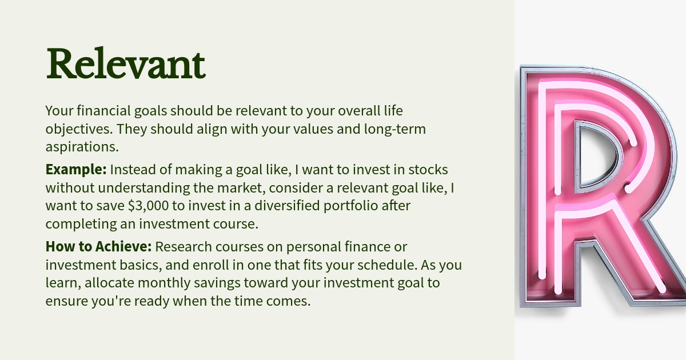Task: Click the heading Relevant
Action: [126, 63]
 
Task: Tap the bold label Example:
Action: [76, 169]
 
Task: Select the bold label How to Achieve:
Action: [98, 246]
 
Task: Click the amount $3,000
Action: [148, 206]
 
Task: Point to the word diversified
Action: [287, 205]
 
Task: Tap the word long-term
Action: [395, 129]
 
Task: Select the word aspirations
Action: [82, 147]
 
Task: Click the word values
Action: [313, 129]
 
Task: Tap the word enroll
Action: [211, 265]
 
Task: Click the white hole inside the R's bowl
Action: [595, 155]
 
